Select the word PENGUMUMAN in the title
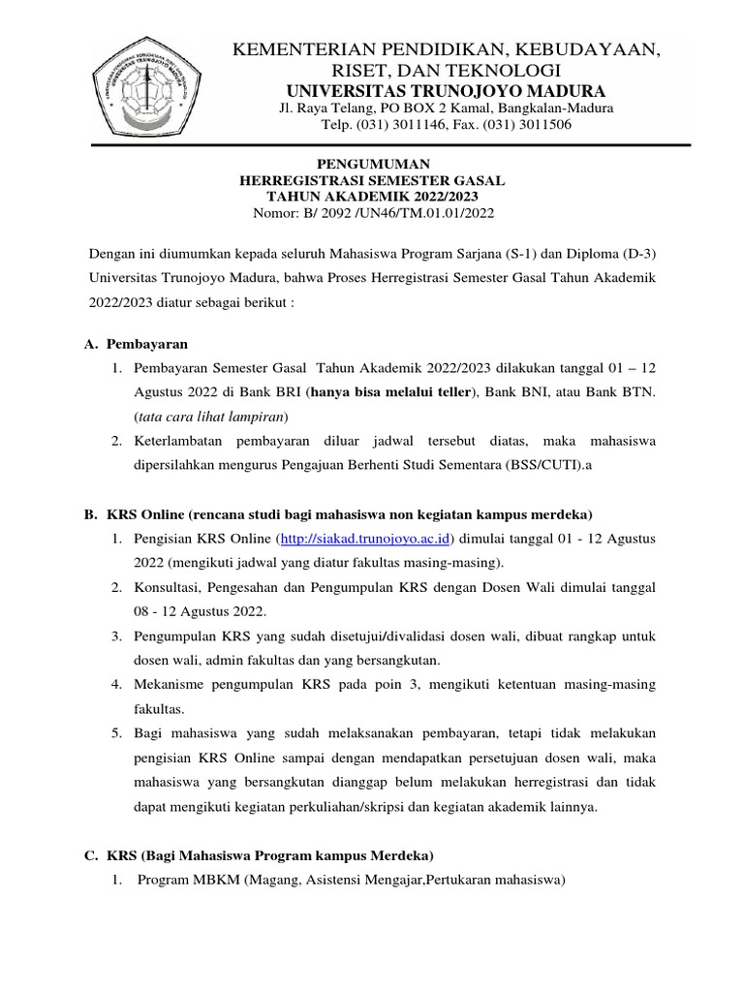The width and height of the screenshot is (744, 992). (371, 166)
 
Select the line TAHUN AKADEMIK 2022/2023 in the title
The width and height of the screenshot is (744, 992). (371, 197)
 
